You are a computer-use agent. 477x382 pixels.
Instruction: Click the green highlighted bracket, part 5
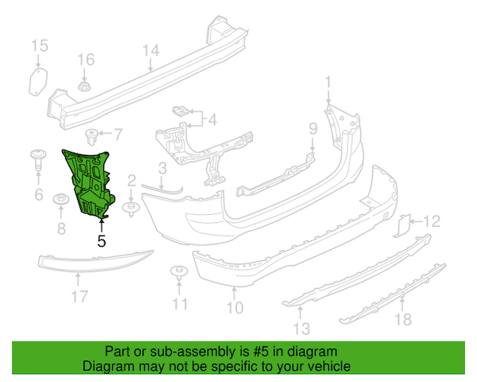click(90, 183)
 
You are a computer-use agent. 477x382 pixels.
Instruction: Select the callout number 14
click(151, 50)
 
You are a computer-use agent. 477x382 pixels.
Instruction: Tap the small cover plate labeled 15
click(38, 82)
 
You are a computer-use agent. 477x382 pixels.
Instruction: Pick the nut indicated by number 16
click(84, 86)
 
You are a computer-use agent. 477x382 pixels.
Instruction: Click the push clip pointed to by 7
click(91, 138)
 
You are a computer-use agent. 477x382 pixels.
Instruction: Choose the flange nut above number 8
click(61, 200)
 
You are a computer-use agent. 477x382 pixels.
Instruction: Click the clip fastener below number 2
click(131, 209)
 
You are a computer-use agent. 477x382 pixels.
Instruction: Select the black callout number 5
click(102, 241)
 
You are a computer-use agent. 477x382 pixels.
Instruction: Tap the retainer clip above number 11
click(179, 272)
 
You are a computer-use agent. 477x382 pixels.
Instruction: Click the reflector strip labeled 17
click(95, 261)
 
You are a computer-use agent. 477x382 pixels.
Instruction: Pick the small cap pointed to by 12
click(401, 226)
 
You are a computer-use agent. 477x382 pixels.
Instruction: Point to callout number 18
click(403, 319)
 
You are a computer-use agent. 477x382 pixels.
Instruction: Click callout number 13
click(301, 329)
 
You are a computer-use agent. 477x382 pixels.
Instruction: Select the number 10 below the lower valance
click(235, 308)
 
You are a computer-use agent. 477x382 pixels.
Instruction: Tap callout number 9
click(313, 129)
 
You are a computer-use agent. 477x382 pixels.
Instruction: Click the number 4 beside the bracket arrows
click(212, 119)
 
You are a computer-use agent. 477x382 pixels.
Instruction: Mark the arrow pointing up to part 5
click(102, 225)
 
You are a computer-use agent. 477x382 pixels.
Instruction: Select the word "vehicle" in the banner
click(330, 366)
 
